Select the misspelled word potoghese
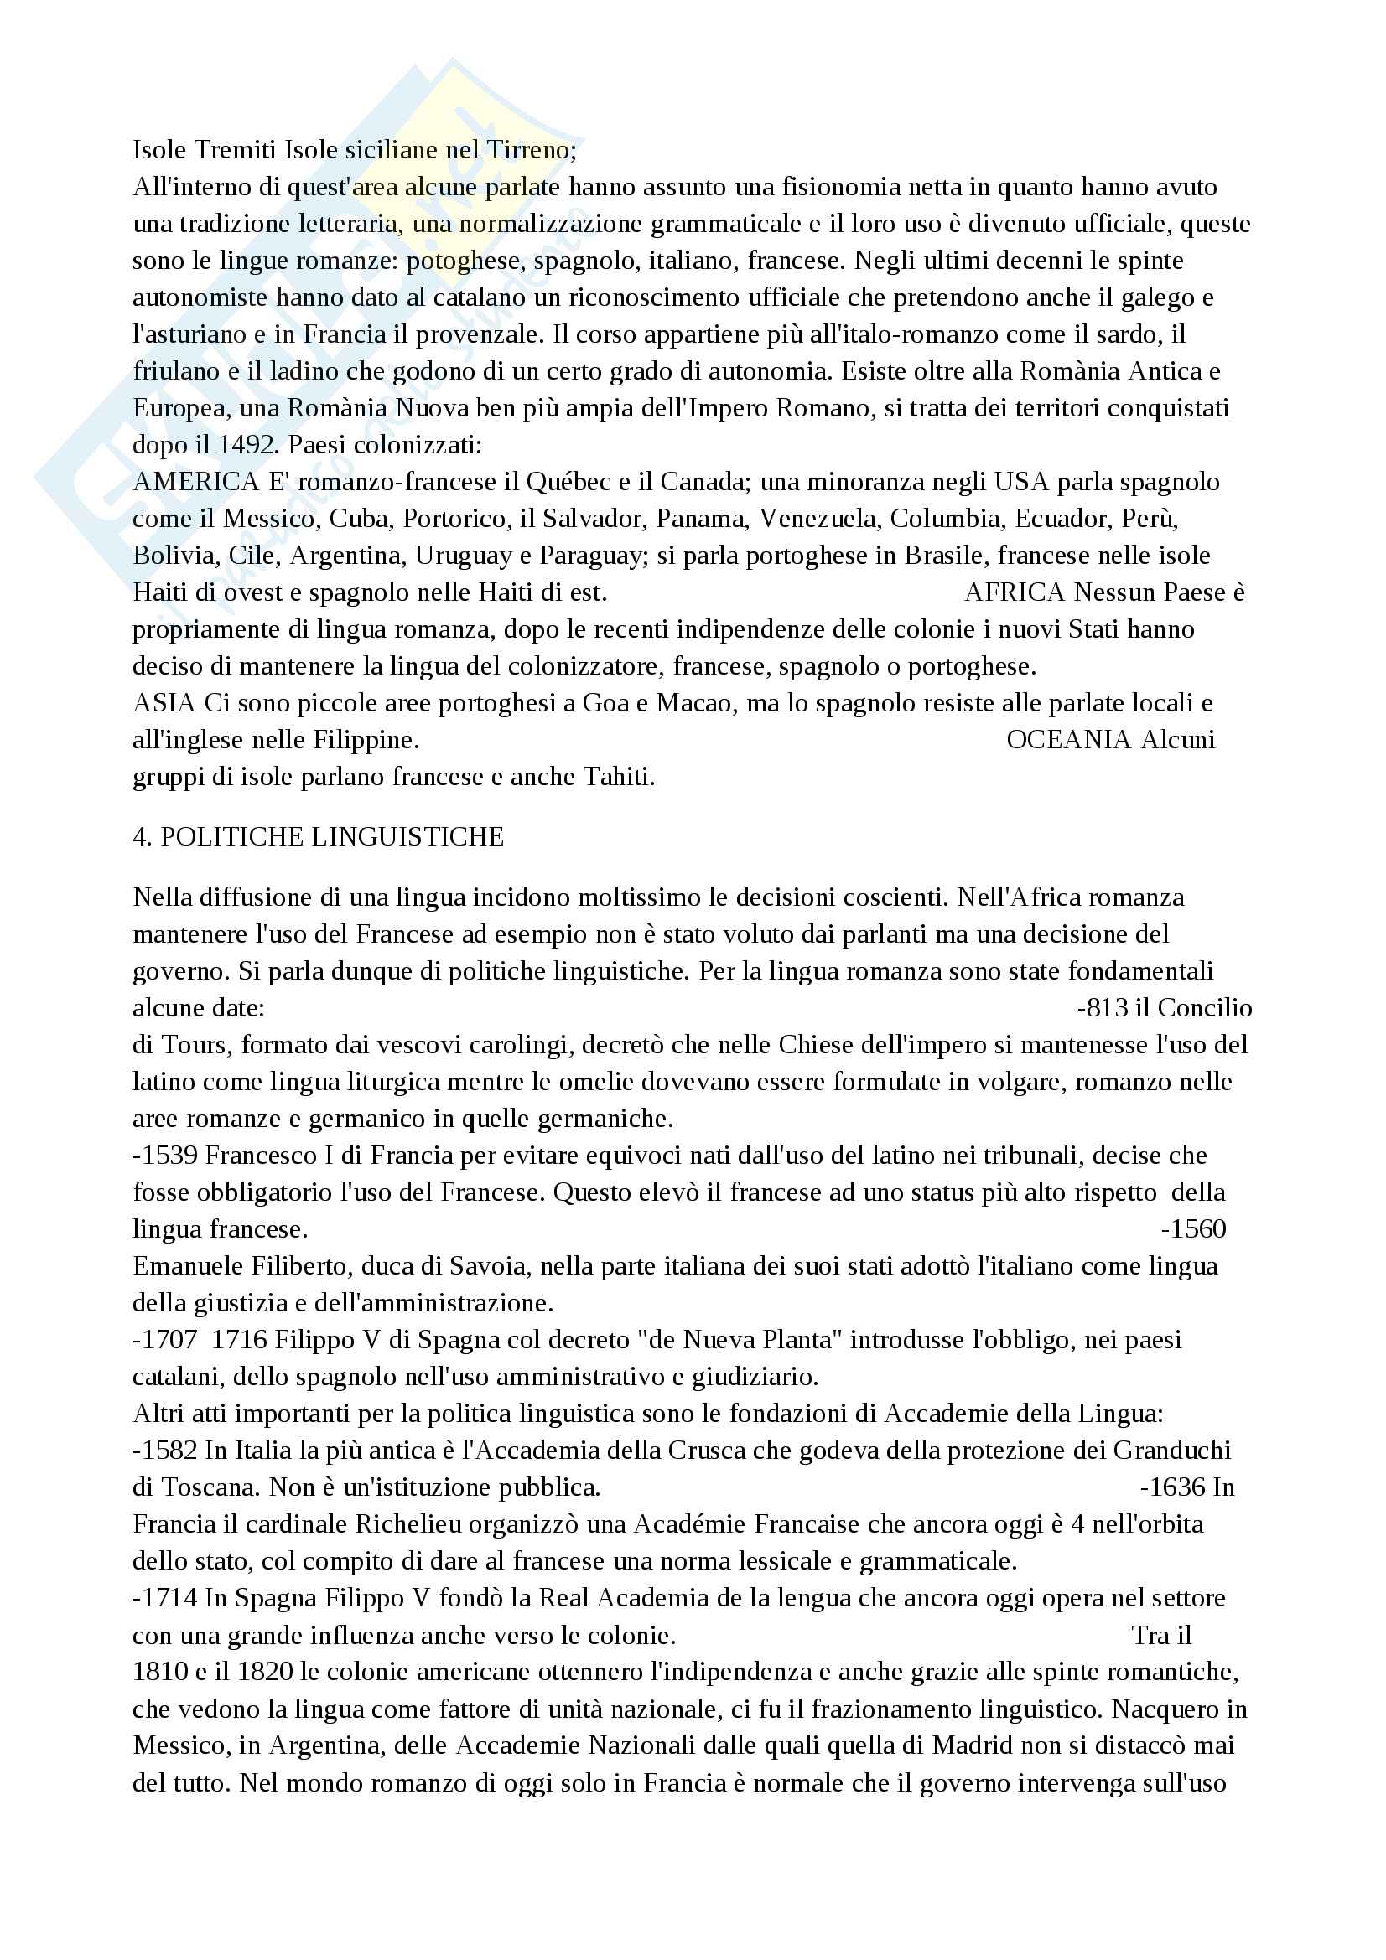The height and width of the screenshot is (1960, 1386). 462,261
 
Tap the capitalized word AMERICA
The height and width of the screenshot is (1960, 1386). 195,483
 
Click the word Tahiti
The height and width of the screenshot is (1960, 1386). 618,777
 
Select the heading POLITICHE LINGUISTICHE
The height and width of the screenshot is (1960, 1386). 332,836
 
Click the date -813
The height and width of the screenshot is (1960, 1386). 1103,1008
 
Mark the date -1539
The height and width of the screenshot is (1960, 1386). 166,1156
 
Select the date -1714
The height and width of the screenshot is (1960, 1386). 166,1598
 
